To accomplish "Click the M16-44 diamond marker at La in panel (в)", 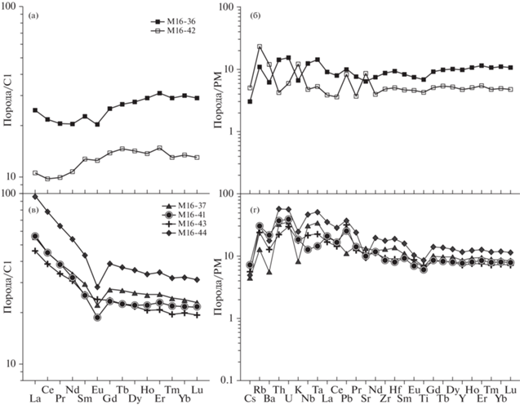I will pos(35,197).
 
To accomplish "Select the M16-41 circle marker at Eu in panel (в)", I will pos(97,317).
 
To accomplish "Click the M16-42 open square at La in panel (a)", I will pos(35,173).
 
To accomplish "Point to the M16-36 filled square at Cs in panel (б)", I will pos(250,101).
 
